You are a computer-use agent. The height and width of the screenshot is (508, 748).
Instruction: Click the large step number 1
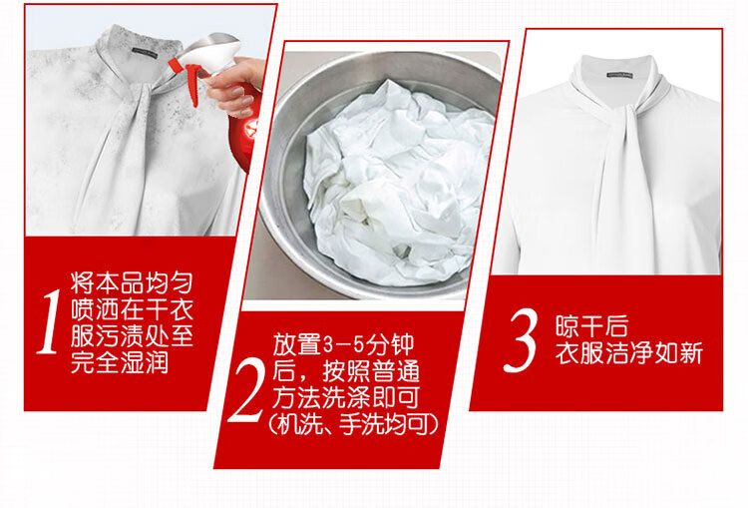coord(49,321)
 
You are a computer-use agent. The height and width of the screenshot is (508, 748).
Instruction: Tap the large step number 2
coord(246,389)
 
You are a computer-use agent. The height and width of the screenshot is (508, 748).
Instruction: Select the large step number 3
coord(521,340)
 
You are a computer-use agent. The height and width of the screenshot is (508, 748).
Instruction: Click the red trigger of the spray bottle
coord(187,77)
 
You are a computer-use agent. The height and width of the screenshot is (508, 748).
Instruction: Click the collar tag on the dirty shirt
coord(144,53)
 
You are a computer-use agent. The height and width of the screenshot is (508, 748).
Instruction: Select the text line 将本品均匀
coord(132,282)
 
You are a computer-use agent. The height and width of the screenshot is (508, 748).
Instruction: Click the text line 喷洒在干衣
coord(132,309)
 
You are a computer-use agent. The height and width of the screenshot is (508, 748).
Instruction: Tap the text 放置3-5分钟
coord(343,344)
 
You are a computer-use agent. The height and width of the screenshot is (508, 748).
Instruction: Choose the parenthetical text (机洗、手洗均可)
coord(353,424)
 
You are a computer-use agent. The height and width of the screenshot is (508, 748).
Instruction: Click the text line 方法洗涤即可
coord(346,397)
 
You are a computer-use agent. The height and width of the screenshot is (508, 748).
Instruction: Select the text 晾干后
coord(591,326)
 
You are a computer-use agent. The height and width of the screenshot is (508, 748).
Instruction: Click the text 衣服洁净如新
coord(628,353)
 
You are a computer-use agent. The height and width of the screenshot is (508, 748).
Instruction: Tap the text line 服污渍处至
coord(132,336)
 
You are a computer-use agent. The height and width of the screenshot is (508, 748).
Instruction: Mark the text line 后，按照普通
coord(346,371)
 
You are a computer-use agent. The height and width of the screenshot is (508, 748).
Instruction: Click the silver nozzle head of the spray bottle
coord(212,52)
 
